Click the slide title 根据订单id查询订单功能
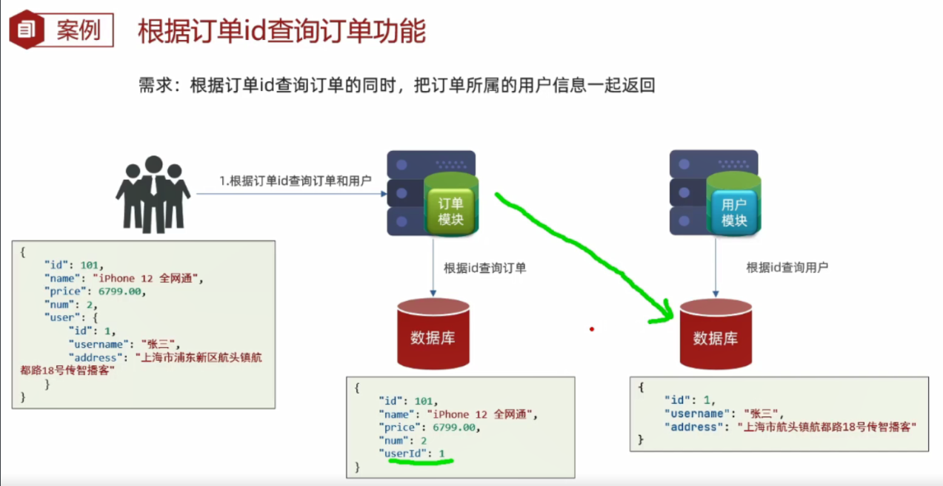click(281, 32)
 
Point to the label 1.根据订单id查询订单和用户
click(295, 180)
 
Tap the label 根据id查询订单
click(484, 268)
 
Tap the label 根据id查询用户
click(787, 267)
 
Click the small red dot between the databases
click(592, 329)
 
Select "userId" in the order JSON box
click(404, 453)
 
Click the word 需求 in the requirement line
click(153, 85)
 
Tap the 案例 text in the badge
click(78, 30)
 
